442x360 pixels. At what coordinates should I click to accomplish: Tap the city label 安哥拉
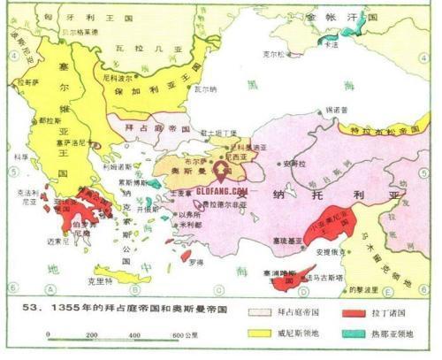(x=295, y=163)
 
